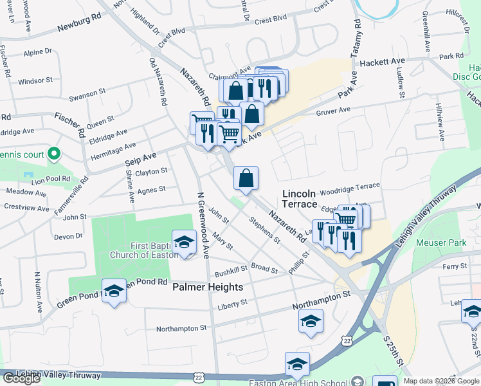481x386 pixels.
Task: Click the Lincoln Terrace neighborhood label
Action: click(x=300, y=199)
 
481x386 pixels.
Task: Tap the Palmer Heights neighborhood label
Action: click(x=208, y=288)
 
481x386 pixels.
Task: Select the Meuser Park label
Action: click(x=440, y=243)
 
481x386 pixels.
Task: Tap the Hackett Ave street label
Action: click(x=383, y=62)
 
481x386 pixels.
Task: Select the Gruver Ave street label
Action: click(x=333, y=111)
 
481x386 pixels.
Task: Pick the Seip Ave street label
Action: click(x=141, y=156)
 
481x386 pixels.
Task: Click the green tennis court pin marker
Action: click(x=54, y=154)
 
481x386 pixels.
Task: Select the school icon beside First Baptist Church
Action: click(x=185, y=242)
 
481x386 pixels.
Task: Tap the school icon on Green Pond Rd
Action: click(x=114, y=290)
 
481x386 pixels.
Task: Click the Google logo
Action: click(x=21, y=378)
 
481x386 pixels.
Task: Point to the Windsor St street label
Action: click(x=35, y=81)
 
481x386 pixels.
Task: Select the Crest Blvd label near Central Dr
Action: click(x=270, y=21)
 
